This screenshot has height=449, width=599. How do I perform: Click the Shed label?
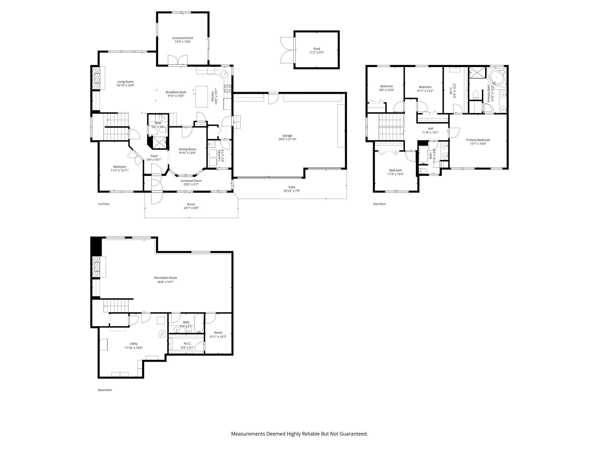[316, 49]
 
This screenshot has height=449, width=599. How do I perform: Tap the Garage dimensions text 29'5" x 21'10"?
[287, 139]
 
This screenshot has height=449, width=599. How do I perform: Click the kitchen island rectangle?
[202, 96]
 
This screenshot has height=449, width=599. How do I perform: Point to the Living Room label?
[125, 82]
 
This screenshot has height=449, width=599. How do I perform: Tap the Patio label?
[292, 187]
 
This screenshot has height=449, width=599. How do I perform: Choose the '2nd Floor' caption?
[379, 204]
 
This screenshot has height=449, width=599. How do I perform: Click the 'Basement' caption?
[105, 390]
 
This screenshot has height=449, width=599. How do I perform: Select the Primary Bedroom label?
[478, 140]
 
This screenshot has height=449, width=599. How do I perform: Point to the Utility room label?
[134, 344]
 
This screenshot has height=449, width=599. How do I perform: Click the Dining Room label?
[187, 149]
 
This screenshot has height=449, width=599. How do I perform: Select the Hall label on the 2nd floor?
[430, 129]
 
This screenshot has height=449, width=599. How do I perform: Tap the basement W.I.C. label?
[187, 344]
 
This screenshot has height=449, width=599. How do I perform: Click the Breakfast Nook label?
[176, 92]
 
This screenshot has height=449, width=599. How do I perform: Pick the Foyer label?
[154, 156]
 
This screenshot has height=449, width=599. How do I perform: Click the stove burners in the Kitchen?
[228, 88]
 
